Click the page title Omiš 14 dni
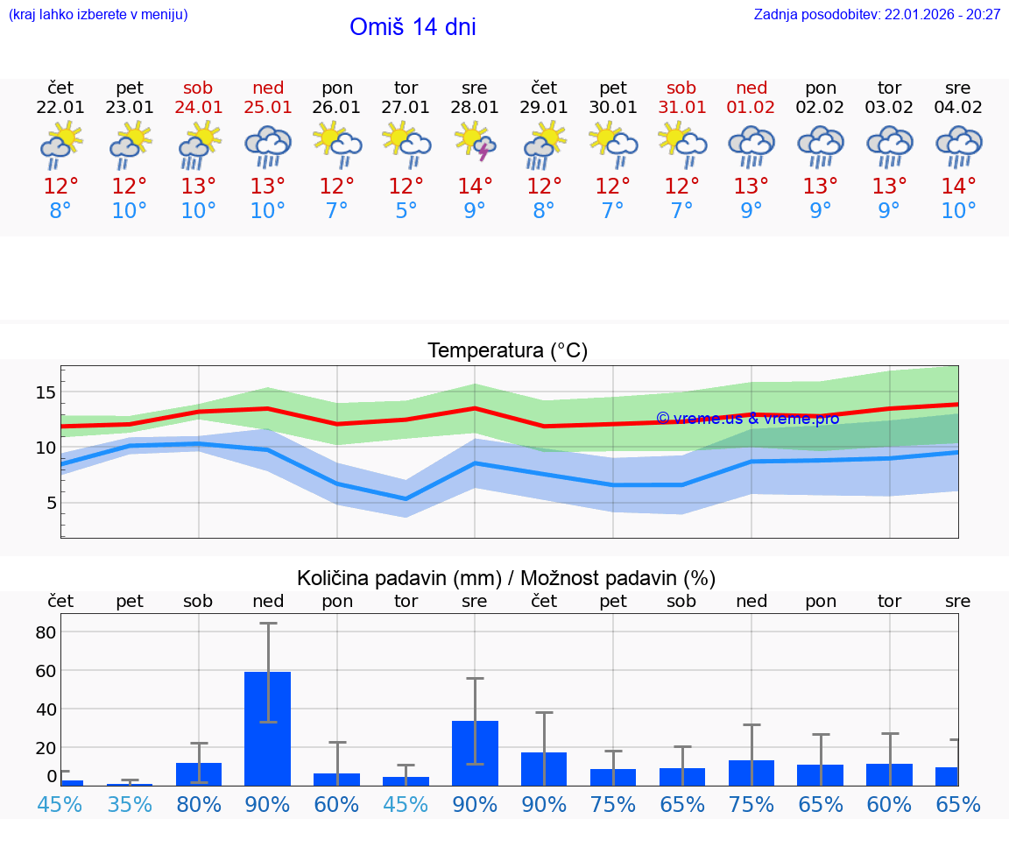click(413, 27)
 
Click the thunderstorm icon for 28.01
click(475, 144)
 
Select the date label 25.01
click(268, 108)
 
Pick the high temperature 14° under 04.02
click(958, 186)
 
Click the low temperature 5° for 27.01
click(406, 211)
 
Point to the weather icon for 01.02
click(751, 145)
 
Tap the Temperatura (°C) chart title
click(507, 351)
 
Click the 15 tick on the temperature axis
click(46, 392)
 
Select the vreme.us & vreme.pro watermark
click(747, 419)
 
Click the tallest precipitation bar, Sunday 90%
click(268, 727)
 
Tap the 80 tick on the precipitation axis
click(46, 632)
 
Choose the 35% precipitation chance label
click(130, 804)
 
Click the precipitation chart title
click(506, 578)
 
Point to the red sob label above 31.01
click(681, 88)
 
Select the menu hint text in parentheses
click(98, 14)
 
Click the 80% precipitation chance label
click(199, 804)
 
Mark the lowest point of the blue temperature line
click(406, 499)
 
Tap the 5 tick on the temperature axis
click(51, 503)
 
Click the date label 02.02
click(821, 108)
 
